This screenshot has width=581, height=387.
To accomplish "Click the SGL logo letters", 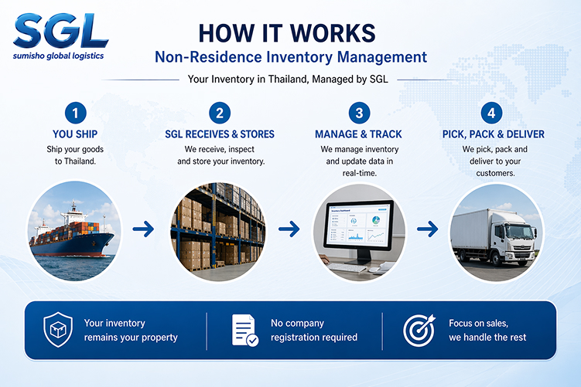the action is point(60,31).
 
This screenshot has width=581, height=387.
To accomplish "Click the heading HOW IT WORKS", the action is point(287,33).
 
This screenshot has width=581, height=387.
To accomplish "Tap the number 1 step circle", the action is point(75,113).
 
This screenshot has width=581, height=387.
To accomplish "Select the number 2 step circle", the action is point(220,113).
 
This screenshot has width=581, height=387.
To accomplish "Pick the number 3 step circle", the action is point(359,113).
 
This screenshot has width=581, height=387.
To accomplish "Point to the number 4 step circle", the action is point(491,113).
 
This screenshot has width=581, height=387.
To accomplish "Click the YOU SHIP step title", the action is point(75,134).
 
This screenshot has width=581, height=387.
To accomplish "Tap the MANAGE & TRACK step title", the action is point(358,134).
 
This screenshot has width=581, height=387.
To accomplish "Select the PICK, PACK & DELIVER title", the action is point(493,134).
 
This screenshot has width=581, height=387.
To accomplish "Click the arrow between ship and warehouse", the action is point(143,229).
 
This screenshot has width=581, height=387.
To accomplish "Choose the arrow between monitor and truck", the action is point(427,229).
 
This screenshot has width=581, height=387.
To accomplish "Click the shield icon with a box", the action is point(58,329).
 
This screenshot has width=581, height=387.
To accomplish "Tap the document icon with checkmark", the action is point(245,330).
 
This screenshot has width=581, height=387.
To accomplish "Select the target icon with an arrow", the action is point(419,330).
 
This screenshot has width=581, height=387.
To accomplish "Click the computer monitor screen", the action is point(359,225).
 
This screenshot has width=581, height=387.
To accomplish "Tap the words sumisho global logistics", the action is point(59,56).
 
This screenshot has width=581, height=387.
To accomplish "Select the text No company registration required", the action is point(314,330).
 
